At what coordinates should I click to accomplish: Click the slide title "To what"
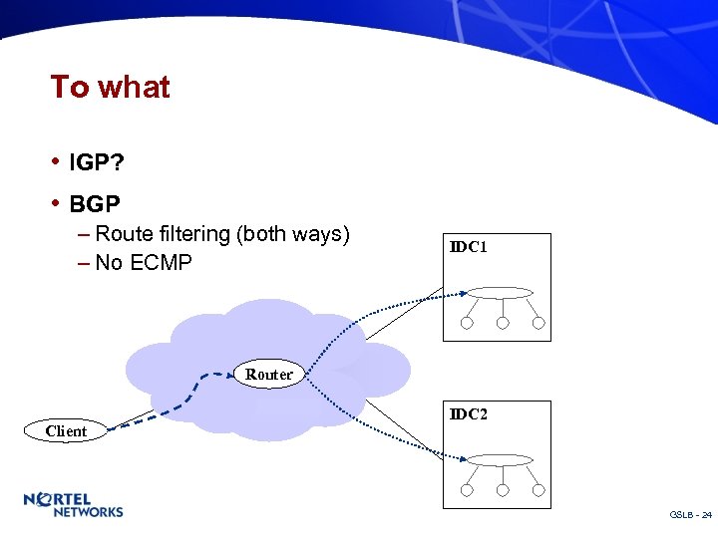point(110,88)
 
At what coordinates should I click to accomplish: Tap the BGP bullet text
point(95,205)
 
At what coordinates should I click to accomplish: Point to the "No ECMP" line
point(144,264)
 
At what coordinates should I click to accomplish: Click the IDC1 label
point(468,246)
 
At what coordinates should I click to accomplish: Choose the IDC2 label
point(468,413)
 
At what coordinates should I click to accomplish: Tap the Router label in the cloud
point(269,375)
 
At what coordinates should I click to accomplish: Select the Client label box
point(66,431)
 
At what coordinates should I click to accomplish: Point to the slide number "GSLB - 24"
point(690,515)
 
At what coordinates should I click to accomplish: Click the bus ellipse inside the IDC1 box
point(501,293)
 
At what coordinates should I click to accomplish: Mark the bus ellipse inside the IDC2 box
point(501,459)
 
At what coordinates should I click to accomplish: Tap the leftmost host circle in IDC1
point(467,323)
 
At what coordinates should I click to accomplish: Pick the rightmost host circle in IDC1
point(538,323)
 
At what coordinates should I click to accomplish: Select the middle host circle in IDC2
point(503,490)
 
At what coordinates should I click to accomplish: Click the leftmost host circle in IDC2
point(467,490)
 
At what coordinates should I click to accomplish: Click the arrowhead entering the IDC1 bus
point(464,293)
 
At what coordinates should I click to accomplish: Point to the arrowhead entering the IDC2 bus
point(464,459)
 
